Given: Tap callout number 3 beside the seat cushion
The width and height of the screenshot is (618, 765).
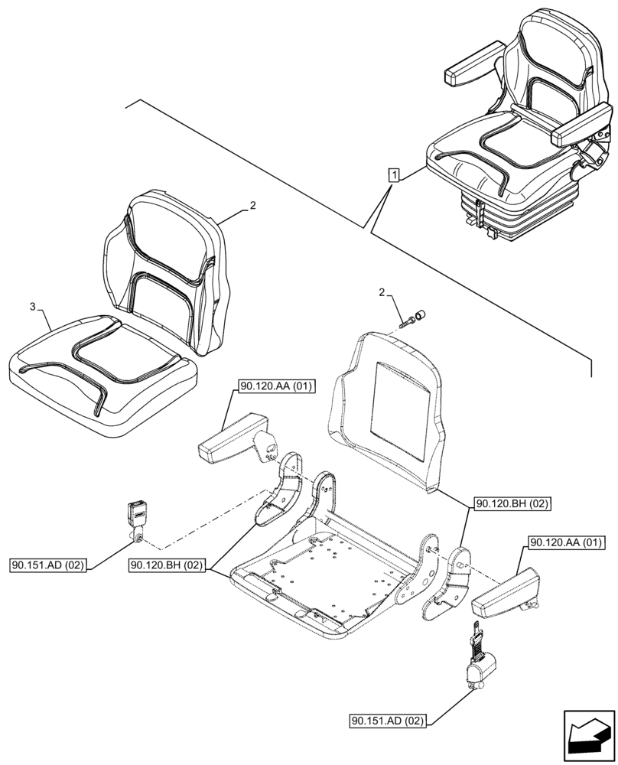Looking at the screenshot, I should (32, 307).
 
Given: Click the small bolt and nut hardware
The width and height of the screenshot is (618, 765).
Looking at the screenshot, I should (414, 317).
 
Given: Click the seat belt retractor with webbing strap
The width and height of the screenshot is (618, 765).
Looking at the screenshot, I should (478, 663).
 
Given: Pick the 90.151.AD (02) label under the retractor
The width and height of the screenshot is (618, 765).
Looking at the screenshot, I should (389, 721).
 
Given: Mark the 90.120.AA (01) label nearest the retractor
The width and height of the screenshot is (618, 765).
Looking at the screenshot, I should (565, 543).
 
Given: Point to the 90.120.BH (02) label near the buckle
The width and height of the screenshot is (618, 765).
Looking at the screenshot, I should (168, 565).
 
